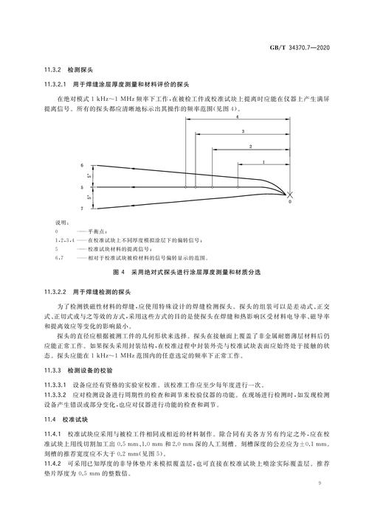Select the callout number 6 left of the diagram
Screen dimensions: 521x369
[x=82, y=167]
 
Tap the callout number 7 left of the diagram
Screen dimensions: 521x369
[x=82, y=209]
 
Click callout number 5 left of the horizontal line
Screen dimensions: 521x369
[x=82, y=188]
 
